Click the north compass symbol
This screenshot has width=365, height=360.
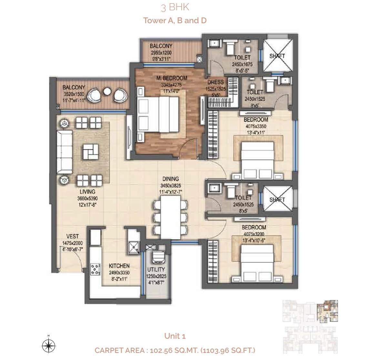tap(48, 346)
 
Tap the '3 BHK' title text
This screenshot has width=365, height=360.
tap(175, 7)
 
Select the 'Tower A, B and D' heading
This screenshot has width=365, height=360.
tap(175, 20)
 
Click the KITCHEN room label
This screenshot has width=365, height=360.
tap(119, 266)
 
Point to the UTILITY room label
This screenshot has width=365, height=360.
tap(157, 269)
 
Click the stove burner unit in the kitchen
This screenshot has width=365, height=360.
tap(96, 270)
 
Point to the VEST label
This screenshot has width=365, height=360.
tap(73, 237)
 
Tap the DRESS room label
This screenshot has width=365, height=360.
tap(216, 82)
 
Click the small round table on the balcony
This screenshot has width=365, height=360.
tap(107, 93)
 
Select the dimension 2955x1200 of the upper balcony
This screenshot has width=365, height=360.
tap(161, 53)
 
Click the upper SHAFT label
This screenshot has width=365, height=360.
tap(277, 56)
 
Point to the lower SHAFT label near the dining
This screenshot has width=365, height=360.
tap(277, 199)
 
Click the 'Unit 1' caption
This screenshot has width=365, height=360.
tap(175, 336)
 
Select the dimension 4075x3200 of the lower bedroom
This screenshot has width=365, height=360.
tap(254, 233)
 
